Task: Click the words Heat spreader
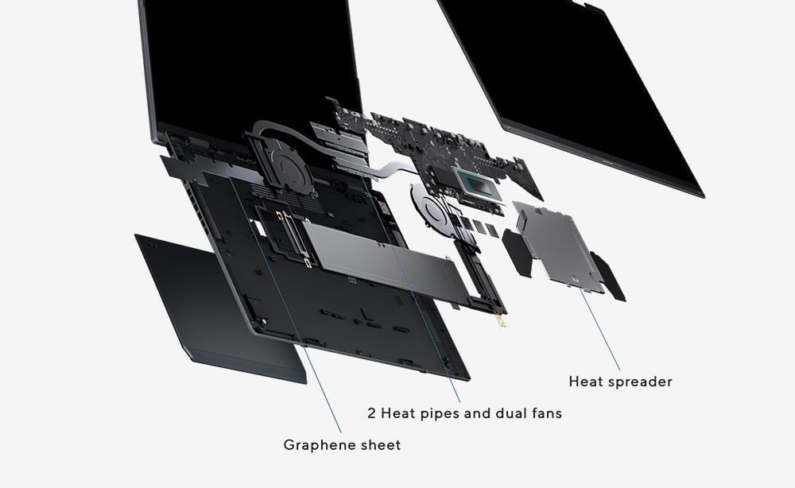[620, 381]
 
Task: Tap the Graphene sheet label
[342, 445]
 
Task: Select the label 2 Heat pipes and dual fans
[464, 413]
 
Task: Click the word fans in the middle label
[545, 413]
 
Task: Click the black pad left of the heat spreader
[516, 252]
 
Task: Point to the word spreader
[639, 382]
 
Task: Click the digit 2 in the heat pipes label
[371, 413]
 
